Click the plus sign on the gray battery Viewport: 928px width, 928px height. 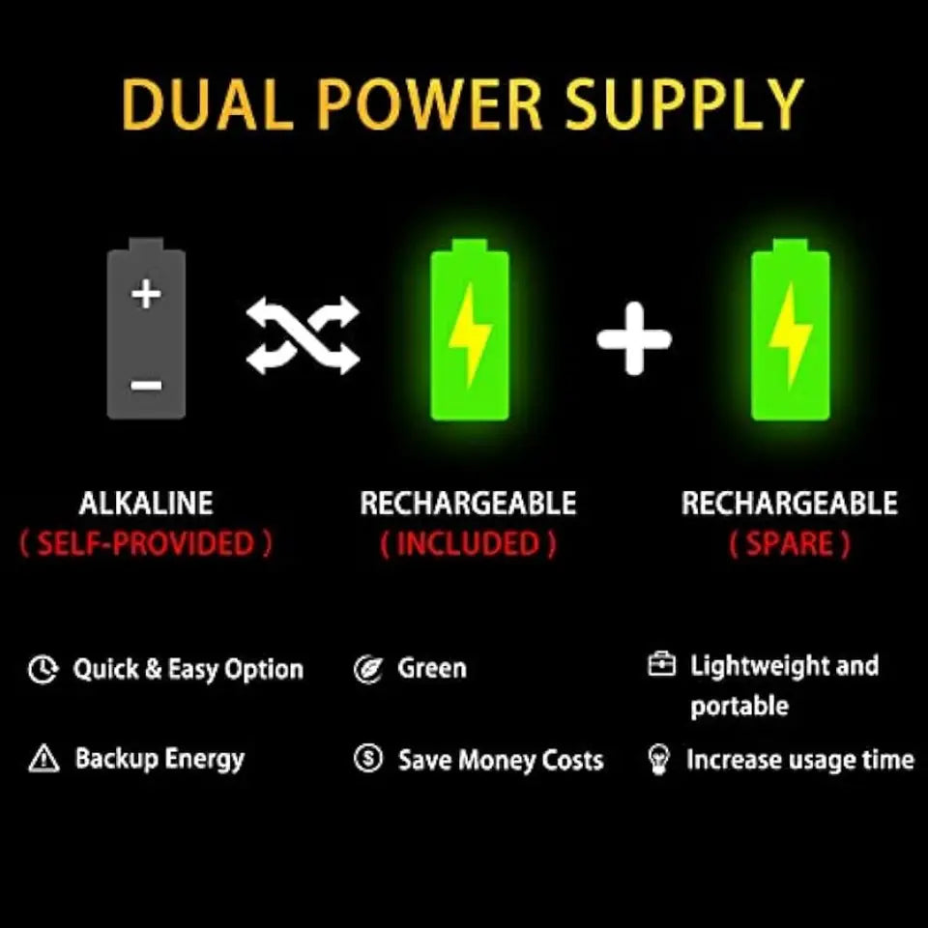[146, 294]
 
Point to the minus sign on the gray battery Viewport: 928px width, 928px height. [146, 386]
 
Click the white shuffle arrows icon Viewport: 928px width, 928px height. [303, 335]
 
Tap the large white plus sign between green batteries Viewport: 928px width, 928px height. [634, 338]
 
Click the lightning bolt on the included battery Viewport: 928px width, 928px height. [470, 335]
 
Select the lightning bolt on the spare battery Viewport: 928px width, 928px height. [791, 335]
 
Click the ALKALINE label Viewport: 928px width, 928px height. [146, 503]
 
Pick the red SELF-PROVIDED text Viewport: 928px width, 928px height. [146, 543]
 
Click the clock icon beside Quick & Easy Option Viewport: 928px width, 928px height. [43, 670]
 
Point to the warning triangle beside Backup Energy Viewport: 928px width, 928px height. [43, 759]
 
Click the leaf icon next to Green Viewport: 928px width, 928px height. [368, 669]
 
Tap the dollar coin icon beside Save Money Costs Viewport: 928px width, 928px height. [368, 758]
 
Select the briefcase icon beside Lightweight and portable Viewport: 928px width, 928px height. [661, 664]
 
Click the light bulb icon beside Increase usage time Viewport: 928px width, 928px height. [659, 760]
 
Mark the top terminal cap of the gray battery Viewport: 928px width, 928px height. [146, 245]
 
